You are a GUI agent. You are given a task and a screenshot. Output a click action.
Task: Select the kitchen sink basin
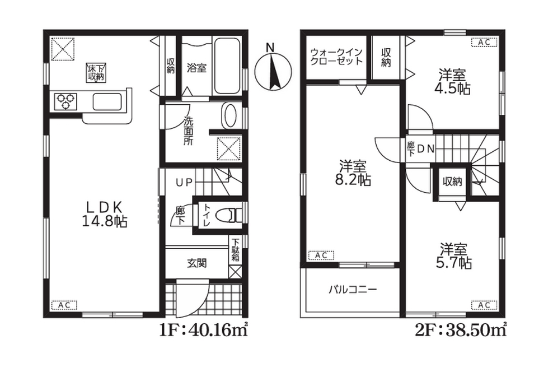[107, 102]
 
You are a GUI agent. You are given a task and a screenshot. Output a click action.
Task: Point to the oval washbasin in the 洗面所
[229, 115]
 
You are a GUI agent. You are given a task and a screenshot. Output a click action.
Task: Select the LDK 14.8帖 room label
[105, 213]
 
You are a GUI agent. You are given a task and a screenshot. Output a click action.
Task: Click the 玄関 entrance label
[197, 263]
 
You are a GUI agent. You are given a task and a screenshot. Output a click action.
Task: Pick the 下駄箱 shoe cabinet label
[236, 250]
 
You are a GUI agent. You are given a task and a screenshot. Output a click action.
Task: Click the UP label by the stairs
[185, 182]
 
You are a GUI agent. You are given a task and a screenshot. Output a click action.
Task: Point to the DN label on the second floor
[426, 149]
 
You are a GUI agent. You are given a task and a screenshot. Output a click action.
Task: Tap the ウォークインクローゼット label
[336, 57]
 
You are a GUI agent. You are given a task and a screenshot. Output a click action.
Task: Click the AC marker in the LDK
[64, 305]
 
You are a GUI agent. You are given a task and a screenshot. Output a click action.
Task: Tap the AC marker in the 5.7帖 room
[485, 305]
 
